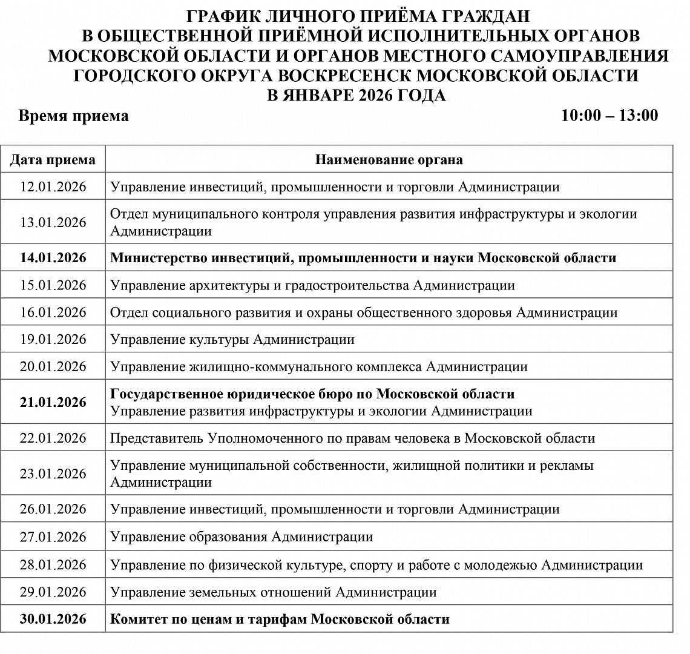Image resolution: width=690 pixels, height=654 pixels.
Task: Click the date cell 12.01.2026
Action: click(53, 187)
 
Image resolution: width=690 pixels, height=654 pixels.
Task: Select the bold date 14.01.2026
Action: click(53, 258)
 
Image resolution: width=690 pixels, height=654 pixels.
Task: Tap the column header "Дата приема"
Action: click(53, 160)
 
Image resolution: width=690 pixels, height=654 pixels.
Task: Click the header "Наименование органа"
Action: click(389, 160)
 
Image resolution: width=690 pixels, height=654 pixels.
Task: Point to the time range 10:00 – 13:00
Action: click(609, 115)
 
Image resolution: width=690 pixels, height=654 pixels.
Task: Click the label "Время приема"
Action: click(73, 116)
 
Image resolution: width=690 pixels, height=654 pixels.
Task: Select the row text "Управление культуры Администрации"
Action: click(232, 340)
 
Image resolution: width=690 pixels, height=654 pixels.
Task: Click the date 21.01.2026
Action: click(53, 403)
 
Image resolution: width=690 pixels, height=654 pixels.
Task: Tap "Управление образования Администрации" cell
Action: click(241, 537)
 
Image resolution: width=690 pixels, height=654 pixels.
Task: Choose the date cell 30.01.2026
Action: click(53, 619)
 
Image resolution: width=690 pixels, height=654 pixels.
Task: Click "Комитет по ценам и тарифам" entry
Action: click(279, 619)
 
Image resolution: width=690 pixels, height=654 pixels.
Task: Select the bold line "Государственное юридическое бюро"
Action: click(312, 394)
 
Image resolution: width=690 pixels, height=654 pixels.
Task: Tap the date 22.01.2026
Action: click(53, 438)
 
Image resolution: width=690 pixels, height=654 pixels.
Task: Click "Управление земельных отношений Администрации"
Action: click(273, 592)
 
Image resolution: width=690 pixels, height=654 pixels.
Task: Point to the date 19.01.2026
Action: click(53, 340)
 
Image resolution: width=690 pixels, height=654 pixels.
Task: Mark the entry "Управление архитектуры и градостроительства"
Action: click(312, 285)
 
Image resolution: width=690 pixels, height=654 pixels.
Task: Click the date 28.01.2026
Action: click(53, 565)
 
